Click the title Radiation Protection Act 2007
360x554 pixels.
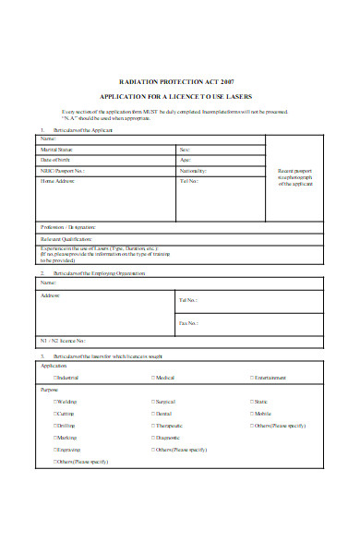pyautogui.click(x=179, y=79)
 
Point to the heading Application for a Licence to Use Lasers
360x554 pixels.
pyautogui.click(x=179, y=97)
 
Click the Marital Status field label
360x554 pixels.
pyautogui.click(x=57, y=149)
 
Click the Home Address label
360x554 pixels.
pyautogui.click(x=57, y=182)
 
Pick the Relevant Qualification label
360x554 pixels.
pyautogui.click(x=66, y=238)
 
